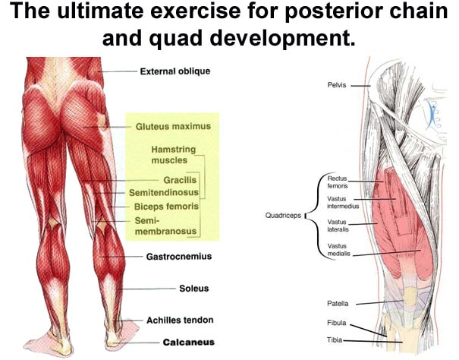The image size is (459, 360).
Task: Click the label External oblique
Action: pos(174,72)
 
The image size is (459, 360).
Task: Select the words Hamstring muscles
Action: pos(174,155)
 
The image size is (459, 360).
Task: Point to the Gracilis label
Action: pos(180,180)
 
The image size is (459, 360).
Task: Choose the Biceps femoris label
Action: pos(167,206)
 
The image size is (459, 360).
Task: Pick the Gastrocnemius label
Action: pos(178,257)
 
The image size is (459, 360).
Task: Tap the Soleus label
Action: pos(193,289)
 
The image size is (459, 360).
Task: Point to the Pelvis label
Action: pos(337,86)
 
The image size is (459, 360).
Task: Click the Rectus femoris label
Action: pos(337,183)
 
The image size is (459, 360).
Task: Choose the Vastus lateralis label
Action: pos(338,226)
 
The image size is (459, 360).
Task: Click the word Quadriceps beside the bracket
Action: pos(283,216)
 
